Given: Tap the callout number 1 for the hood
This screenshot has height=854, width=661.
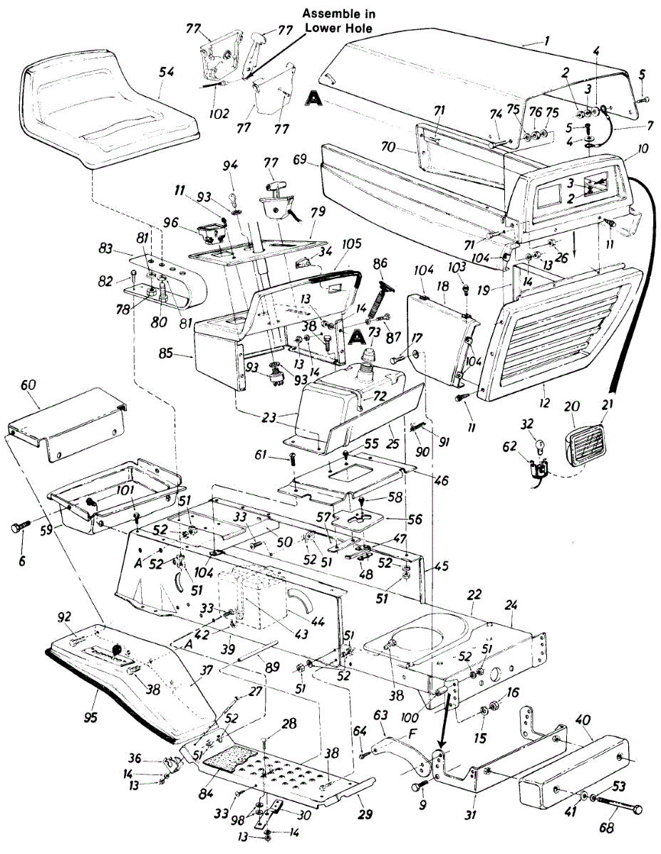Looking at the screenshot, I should pyautogui.click(x=546, y=41).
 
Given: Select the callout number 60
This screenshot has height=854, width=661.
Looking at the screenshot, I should pyautogui.click(x=28, y=385).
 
